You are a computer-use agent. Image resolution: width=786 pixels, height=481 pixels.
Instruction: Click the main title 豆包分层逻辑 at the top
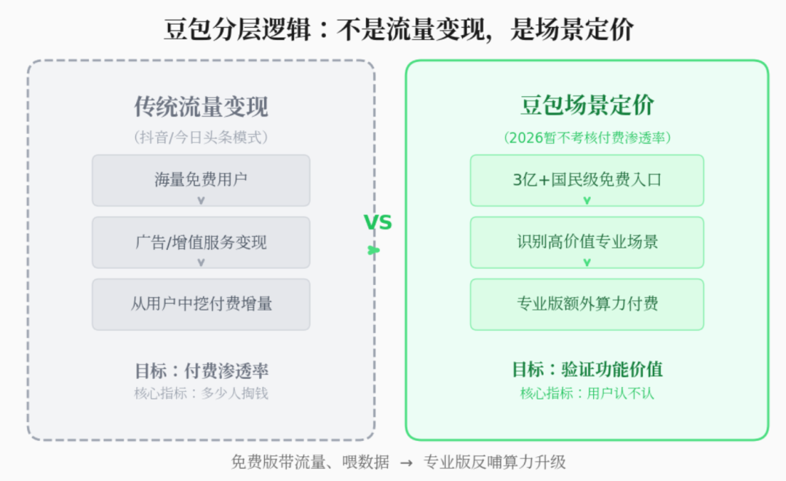click(237, 28)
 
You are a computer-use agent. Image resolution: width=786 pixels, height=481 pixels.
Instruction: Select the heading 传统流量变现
click(201, 106)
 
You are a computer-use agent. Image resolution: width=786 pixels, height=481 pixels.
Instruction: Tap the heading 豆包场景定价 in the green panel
click(587, 105)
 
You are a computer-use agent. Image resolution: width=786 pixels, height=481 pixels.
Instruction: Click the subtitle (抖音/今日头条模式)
click(201, 137)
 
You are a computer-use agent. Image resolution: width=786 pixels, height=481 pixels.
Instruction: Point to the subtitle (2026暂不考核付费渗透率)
click(587, 138)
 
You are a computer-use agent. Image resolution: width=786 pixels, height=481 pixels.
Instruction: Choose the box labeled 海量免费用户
click(201, 180)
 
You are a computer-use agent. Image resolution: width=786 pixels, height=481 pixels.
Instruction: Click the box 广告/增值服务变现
click(201, 243)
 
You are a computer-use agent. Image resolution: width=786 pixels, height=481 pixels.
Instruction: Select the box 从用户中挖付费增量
click(201, 304)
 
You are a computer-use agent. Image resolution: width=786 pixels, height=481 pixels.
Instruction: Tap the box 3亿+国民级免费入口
click(587, 180)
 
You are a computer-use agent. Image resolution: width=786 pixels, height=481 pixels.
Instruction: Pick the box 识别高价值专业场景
click(587, 243)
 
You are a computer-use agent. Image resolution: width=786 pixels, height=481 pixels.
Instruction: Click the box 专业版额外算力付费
click(587, 304)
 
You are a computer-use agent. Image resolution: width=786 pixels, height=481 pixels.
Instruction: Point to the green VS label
click(378, 222)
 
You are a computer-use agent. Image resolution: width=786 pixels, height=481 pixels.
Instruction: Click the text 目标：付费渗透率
click(202, 371)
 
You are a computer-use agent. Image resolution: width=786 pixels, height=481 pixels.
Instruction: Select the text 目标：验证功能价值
click(587, 369)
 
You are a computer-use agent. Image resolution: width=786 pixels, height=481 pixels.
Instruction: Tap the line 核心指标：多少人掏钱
click(201, 393)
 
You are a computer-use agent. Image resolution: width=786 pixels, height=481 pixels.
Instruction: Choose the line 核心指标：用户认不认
click(587, 393)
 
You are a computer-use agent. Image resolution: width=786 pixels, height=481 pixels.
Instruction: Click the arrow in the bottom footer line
click(407, 463)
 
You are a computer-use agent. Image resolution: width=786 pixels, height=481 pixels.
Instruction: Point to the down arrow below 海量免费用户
click(201, 200)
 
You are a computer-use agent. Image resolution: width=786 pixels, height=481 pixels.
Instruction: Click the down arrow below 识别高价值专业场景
click(587, 262)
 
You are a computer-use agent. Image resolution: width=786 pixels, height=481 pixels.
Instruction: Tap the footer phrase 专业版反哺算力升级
click(494, 462)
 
